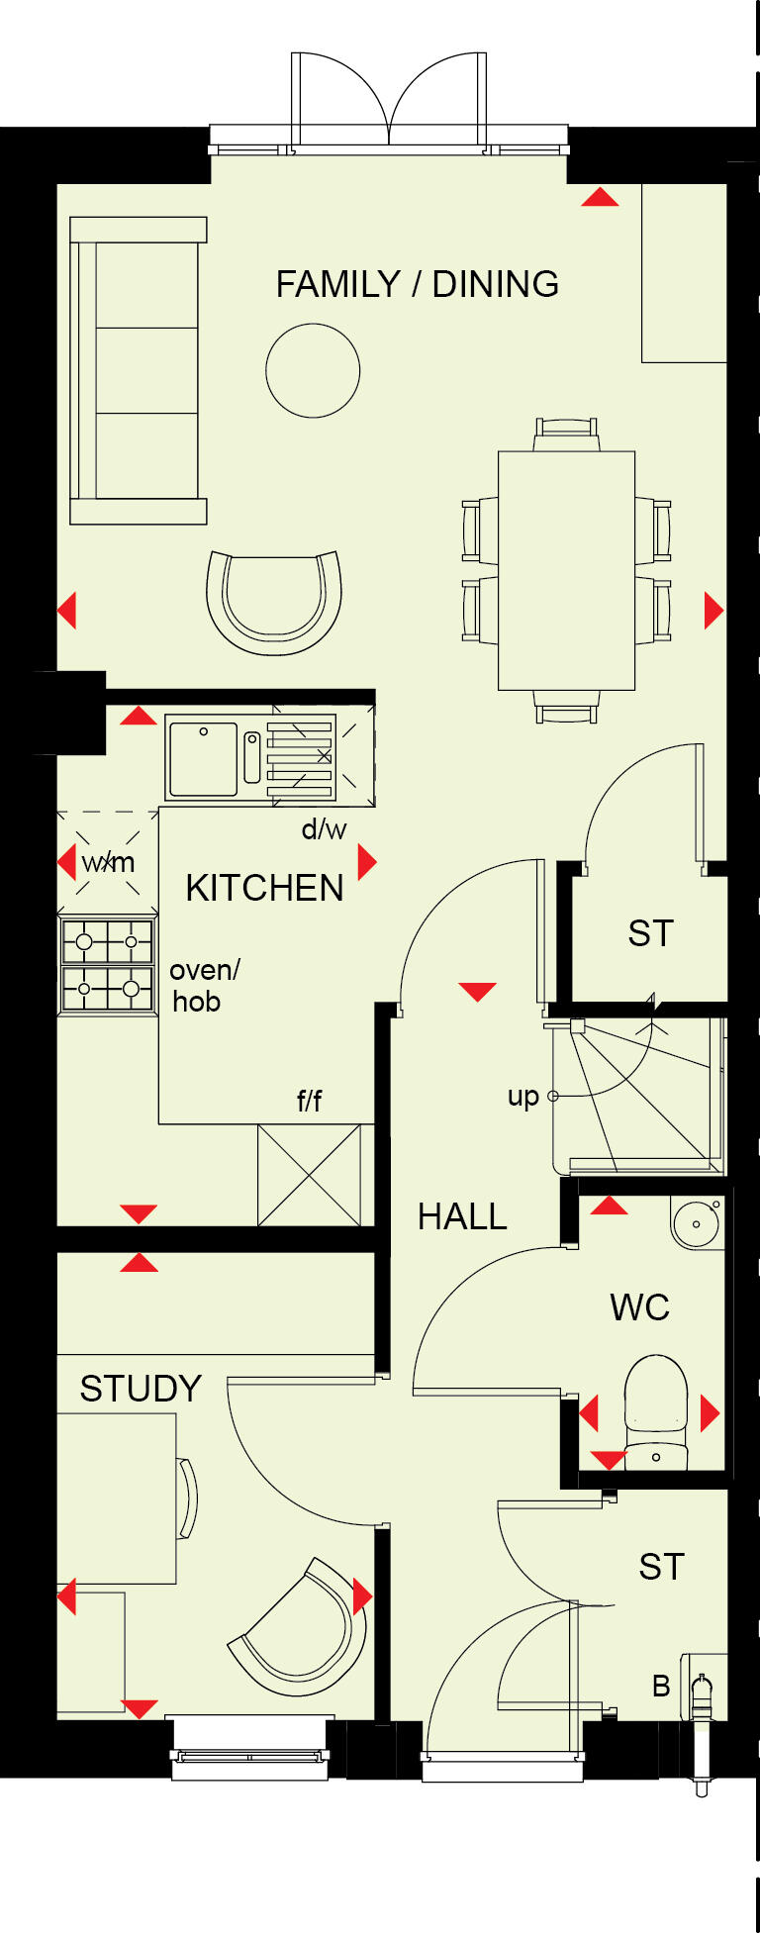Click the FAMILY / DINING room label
(x=417, y=285)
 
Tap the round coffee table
(x=313, y=370)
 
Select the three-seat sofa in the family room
(x=139, y=370)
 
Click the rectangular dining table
(x=566, y=570)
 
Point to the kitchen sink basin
(x=203, y=759)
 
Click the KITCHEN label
(x=264, y=889)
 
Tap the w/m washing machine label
(x=108, y=863)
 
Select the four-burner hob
(x=108, y=966)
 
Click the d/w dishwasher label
(x=324, y=829)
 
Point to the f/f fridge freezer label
(x=309, y=1101)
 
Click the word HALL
(x=462, y=1216)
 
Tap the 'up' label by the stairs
(x=522, y=1096)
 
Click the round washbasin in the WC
(x=697, y=1224)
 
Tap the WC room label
(x=639, y=1307)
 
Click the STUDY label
(x=141, y=1389)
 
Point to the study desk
(x=116, y=1498)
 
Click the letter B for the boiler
(x=661, y=1686)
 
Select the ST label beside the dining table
(x=650, y=933)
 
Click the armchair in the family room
(x=274, y=602)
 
